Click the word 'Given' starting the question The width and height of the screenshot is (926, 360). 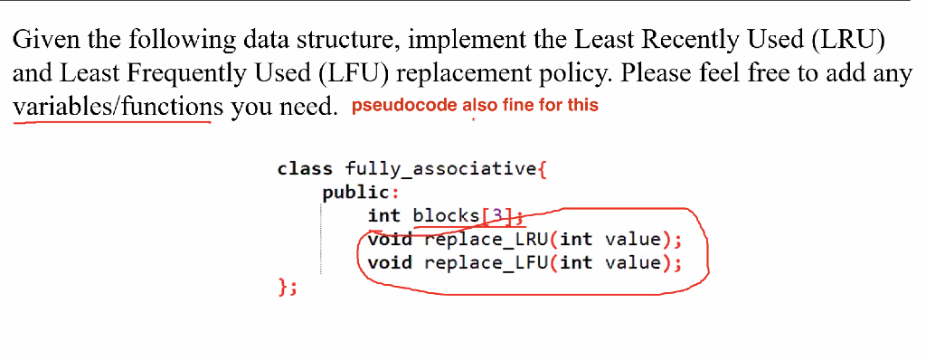tap(41, 41)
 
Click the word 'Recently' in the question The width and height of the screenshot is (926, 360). tap(658, 41)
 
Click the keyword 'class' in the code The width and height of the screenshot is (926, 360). tap(305, 169)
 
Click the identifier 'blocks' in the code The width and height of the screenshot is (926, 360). tap(446, 216)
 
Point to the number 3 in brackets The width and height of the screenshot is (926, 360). tap(496, 216)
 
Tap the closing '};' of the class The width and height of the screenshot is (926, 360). tap(287, 288)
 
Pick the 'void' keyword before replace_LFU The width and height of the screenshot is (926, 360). tap(390, 263)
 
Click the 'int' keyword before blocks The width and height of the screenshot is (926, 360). tap(383, 216)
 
